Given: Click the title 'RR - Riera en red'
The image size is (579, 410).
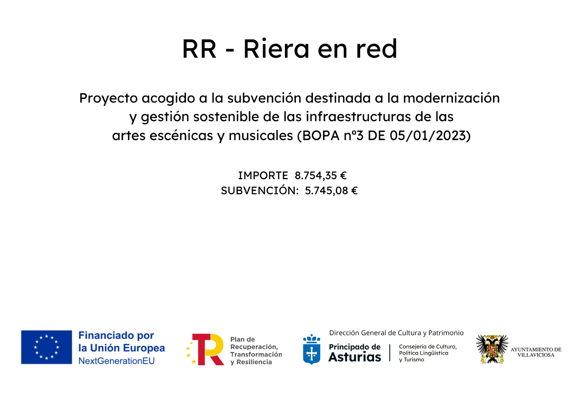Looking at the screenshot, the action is (289, 49).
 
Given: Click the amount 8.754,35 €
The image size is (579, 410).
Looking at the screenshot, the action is (321, 176).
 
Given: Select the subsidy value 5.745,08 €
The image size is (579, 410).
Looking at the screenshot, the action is (331, 190).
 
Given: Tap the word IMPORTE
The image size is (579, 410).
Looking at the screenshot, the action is (263, 176).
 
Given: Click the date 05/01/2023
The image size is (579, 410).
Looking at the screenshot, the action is (428, 136).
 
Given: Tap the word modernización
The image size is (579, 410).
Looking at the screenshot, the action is (451, 98).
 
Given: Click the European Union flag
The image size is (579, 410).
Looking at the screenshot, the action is (47, 347).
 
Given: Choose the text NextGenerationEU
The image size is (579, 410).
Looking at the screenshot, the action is (117, 361).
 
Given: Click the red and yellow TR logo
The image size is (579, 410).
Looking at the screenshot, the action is (205, 349).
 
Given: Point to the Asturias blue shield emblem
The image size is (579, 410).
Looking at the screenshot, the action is (311, 349).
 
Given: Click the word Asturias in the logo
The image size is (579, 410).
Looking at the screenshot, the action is (355, 357).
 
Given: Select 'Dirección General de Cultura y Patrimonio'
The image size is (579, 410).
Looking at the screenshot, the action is (396, 333).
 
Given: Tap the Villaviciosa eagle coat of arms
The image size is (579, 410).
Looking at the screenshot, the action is (492, 349).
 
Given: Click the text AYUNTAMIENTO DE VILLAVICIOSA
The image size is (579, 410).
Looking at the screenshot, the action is (536, 352).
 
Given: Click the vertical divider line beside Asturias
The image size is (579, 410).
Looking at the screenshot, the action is (390, 353).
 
